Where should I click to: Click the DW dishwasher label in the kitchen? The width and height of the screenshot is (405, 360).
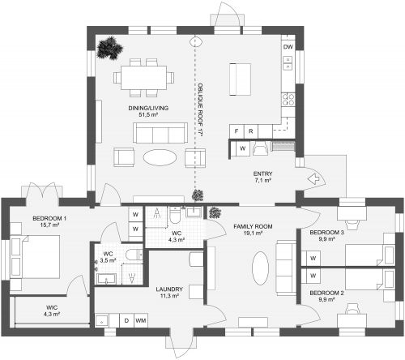pyautogui.click(x=288, y=47)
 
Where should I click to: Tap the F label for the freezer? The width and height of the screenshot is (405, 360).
pyautogui.click(x=237, y=131)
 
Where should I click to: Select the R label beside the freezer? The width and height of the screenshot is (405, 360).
pyautogui.click(x=251, y=131)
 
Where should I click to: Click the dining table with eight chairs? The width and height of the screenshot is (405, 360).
pyautogui.click(x=144, y=75)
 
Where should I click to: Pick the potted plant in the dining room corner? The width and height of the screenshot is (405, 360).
pyautogui.click(x=106, y=49)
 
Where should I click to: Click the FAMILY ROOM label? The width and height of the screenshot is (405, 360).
pyautogui.click(x=253, y=225)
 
